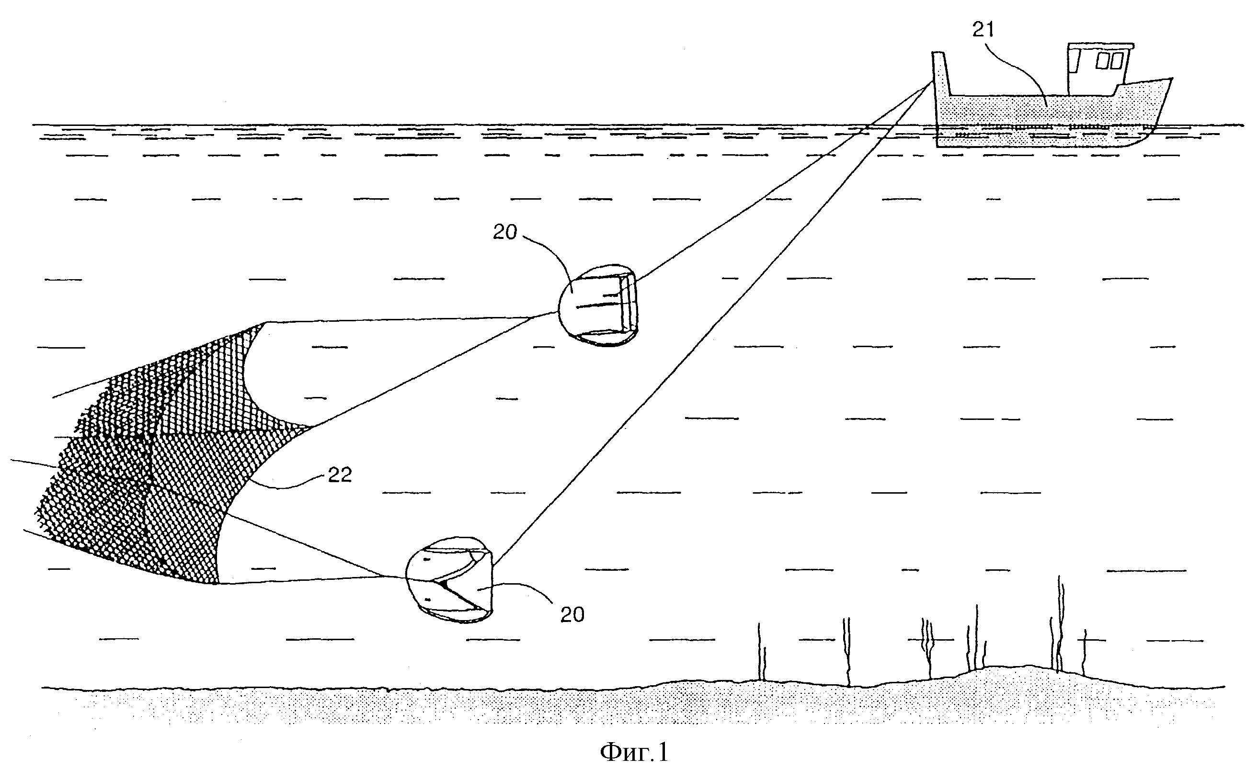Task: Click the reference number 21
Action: click(x=983, y=30)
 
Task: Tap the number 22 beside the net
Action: click(x=340, y=475)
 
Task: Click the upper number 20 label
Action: click(x=504, y=232)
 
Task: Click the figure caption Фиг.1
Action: click(x=634, y=752)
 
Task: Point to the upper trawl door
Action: click(x=600, y=305)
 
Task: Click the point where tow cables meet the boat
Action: click(x=932, y=82)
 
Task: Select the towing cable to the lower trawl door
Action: click(x=712, y=325)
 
